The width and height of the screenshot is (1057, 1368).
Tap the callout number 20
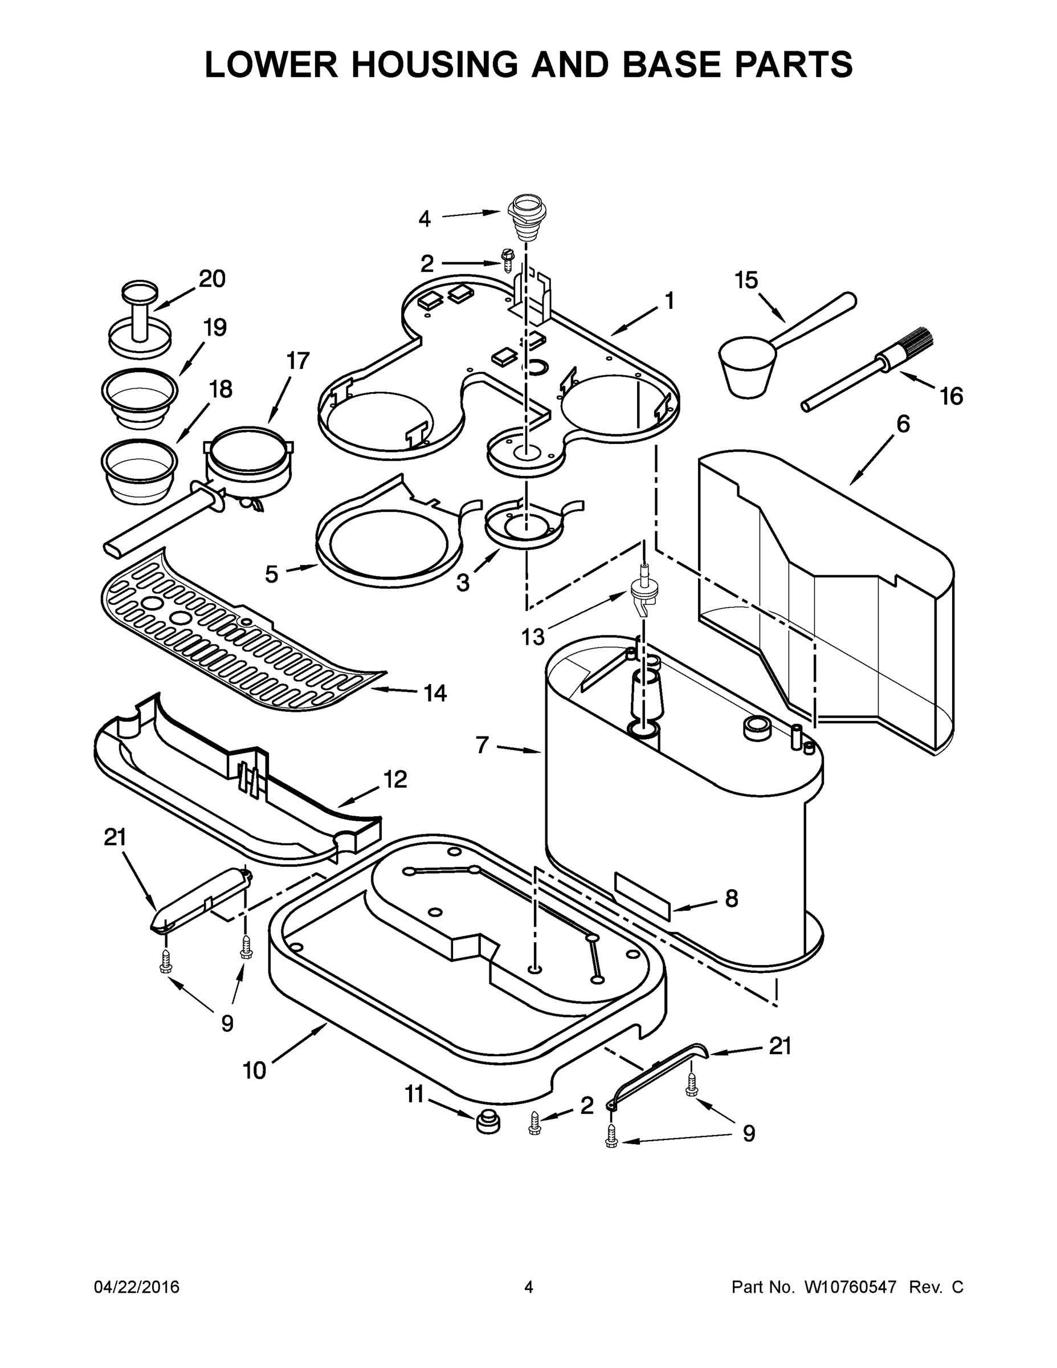click(x=211, y=279)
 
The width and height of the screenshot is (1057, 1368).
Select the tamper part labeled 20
click(x=140, y=319)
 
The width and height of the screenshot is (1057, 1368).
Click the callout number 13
click(x=533, y=638)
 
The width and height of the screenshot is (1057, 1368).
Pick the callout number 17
click(x=298, y=361)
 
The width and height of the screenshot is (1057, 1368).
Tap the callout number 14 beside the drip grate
click(x=435, y=693)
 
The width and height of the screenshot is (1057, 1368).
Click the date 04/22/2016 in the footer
click(x=137, y=1286)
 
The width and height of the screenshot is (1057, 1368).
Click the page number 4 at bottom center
click(x=529, y=1286)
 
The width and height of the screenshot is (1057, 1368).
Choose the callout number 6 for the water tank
click(x=903, y=424)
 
